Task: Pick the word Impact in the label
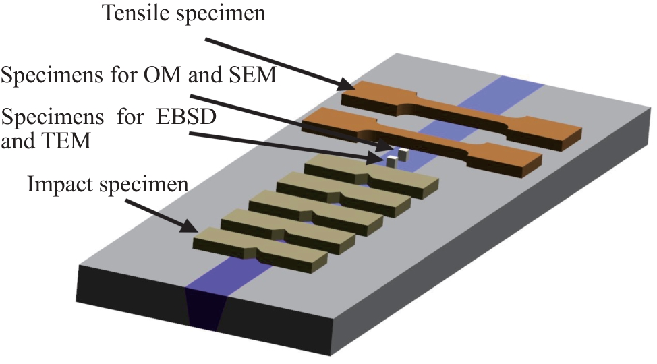click(56, 184)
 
